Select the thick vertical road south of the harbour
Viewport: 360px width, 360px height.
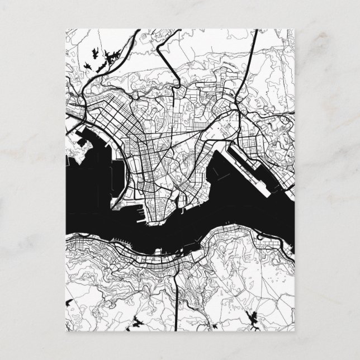tap(178, 291)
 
